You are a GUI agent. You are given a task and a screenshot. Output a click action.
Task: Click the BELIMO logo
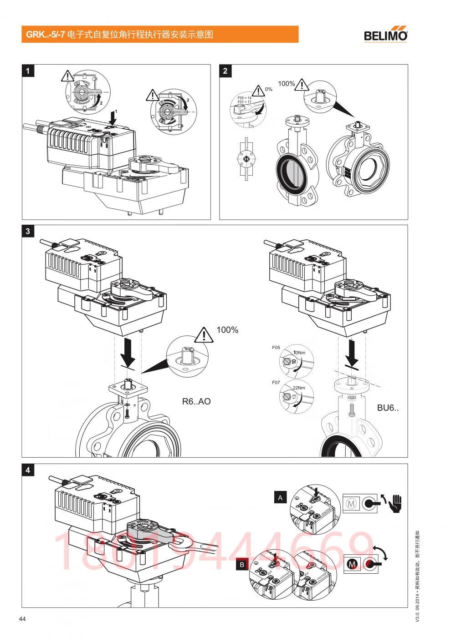385,35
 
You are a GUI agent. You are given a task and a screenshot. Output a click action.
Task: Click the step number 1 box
28,71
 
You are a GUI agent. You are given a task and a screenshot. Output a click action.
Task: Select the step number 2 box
225,71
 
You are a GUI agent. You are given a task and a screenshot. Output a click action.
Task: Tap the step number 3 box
28,231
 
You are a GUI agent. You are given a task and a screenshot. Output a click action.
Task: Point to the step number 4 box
28,470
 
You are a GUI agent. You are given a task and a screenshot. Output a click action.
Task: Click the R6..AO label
196,402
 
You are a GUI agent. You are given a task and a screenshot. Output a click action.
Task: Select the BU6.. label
388,408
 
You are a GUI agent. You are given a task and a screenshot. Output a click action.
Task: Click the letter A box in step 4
280,498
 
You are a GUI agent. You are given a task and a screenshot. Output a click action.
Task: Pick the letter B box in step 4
242,565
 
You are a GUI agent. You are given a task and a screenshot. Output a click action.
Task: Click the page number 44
22,618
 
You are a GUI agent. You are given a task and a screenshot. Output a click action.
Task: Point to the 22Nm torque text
299,388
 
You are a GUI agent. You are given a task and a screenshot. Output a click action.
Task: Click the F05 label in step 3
276,348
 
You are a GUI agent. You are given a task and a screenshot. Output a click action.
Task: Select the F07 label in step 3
276,383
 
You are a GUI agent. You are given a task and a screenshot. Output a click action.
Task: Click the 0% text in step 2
268,90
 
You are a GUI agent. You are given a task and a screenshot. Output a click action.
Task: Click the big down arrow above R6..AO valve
129,355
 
